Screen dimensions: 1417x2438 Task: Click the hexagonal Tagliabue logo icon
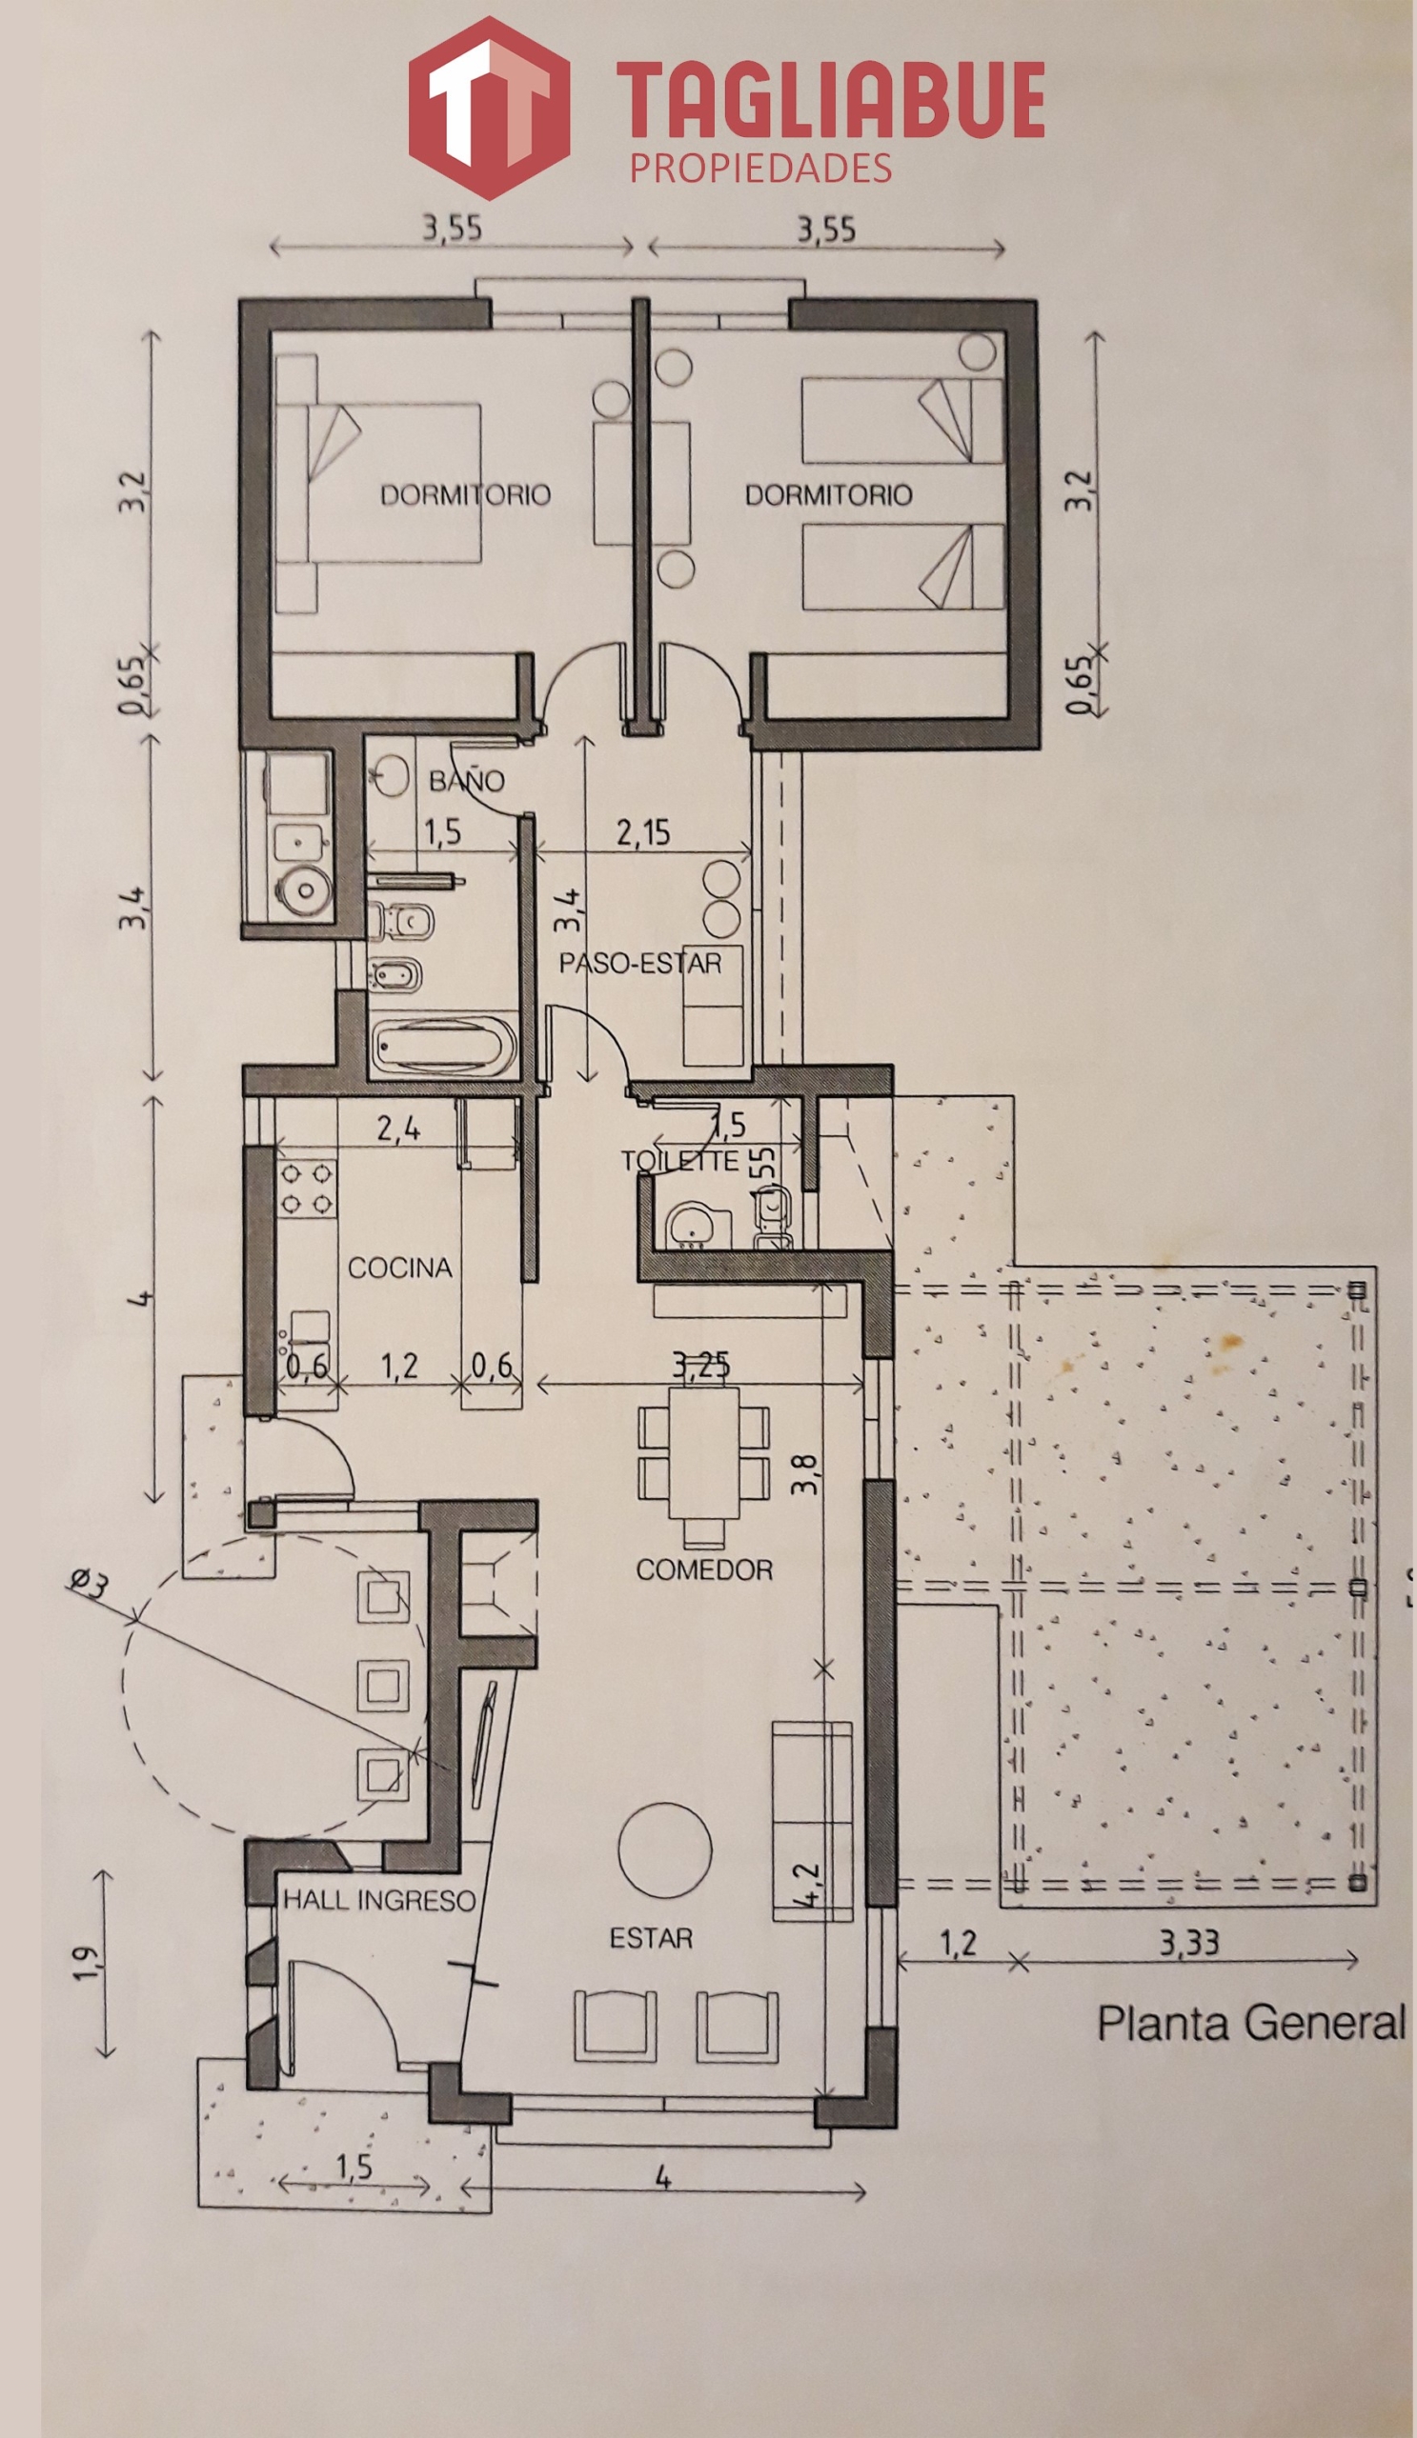489,108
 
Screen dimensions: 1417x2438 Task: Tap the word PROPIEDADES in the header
760,169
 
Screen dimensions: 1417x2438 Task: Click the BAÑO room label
467,780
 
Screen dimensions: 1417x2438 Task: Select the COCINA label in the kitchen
399,1268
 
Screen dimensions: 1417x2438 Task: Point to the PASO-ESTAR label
640,964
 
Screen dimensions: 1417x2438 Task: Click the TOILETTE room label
680,1161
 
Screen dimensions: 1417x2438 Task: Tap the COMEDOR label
704,1569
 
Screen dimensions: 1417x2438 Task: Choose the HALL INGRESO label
379,1900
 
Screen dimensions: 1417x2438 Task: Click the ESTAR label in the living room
652,1939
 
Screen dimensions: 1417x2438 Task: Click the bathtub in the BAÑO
443,1045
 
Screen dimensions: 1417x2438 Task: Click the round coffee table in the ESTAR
666,1851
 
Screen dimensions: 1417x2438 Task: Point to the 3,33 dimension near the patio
1189,1942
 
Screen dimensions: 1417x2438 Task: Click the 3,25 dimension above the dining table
700,1365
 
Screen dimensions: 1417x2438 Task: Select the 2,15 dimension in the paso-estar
642,832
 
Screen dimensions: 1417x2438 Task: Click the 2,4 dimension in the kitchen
397,1129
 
